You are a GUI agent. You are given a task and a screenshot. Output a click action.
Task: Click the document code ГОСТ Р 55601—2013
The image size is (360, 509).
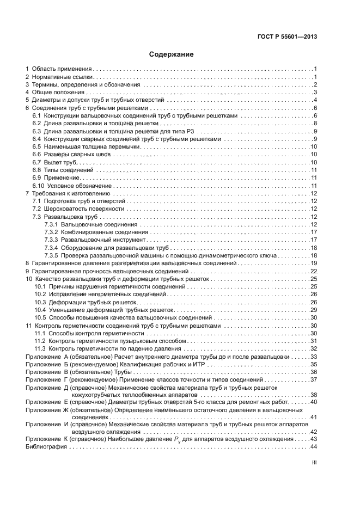coord(287,37)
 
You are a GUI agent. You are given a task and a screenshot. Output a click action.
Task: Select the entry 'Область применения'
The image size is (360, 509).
coord(62,69)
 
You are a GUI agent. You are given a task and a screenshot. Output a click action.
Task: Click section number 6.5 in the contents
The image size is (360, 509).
coord(37,147)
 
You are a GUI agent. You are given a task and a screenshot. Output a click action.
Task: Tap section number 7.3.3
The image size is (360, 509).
coord(51,240)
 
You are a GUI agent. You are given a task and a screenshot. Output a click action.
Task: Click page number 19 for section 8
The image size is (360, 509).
coord(313,263)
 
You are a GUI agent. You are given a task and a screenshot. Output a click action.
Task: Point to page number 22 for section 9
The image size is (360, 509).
coord(313,271)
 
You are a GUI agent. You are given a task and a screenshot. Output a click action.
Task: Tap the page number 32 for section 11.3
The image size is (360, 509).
coord(313,348)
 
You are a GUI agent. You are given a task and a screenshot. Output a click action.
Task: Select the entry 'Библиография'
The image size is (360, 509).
coord(46,447)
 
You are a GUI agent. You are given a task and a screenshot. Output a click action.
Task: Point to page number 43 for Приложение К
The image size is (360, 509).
coord(313,439)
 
